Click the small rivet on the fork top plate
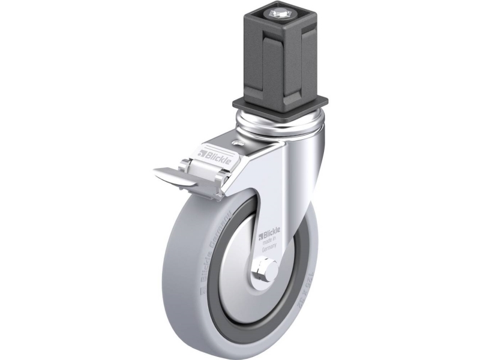(238, 143)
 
